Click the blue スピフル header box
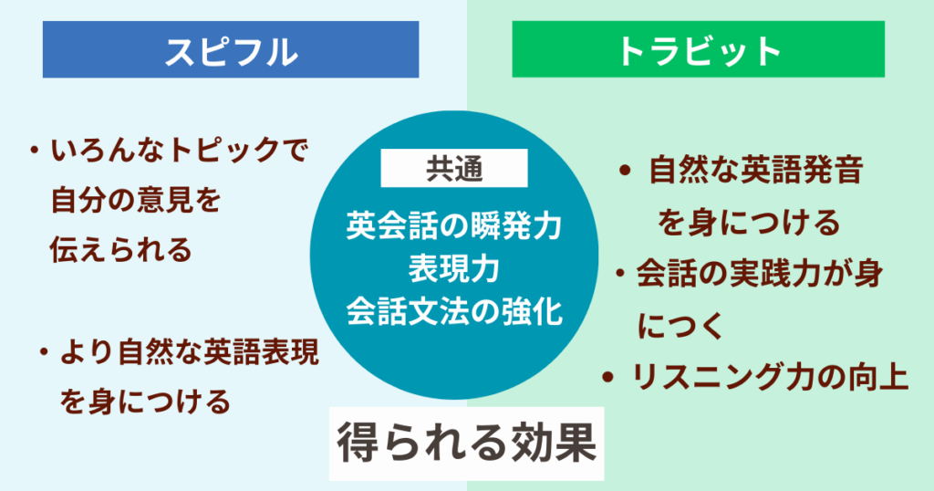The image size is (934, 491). [x=231, y=50]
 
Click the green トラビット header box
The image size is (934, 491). [x=698, y=50]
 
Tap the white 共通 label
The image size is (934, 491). [x=453, y=168]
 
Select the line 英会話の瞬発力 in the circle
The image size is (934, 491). [x=453, y=224]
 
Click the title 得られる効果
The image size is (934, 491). [x=466, y=444]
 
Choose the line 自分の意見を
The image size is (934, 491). [x=137, y=200]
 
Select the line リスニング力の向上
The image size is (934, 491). [x=771, y=378]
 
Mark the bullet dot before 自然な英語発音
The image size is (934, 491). [x=625, y=172]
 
